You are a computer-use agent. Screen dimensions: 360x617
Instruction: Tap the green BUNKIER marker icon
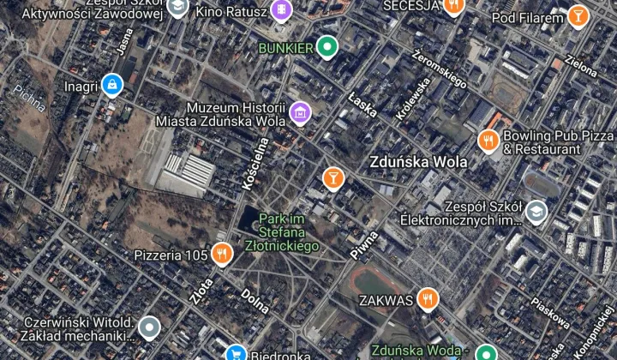[326, 46]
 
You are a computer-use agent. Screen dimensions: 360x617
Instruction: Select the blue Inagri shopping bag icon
[111, 84]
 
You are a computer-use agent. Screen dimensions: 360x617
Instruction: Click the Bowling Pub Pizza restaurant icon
[488, 141]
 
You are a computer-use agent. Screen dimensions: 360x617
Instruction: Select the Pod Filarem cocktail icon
[578, 16]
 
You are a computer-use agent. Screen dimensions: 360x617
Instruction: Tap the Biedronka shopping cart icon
[236, 353]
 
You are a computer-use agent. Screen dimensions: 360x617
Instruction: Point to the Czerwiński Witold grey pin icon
[150, 327]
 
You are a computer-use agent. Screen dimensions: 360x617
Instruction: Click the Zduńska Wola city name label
[418, 161]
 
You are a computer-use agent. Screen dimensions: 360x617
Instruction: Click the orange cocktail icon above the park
[332, 177]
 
